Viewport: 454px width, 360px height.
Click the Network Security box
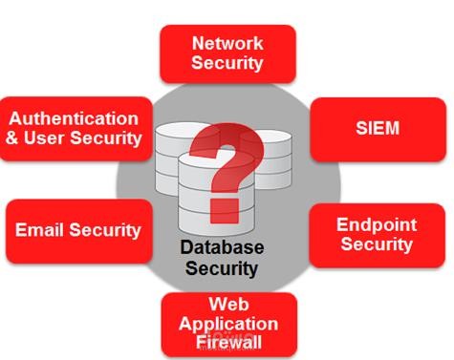(x=227, y=53)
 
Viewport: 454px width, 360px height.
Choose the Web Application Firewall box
(x=228, y=324)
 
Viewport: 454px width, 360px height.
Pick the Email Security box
(x=78, y=230)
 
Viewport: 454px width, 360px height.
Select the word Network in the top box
(x=227, y=43)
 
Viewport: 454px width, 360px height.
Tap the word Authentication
(x=75, y=118)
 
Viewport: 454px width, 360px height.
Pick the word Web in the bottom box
(x=228, y=305)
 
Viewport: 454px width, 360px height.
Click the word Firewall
(x=228, y=342)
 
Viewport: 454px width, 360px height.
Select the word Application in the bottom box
(x=228, y=324)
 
